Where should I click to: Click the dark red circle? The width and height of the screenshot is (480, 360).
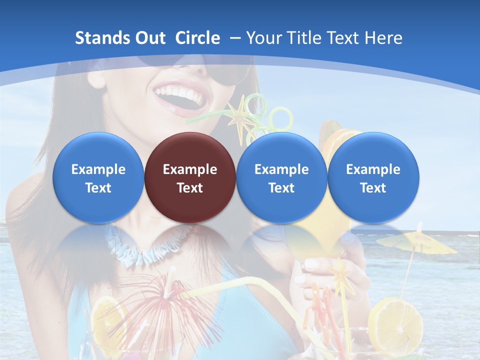click(190, 177)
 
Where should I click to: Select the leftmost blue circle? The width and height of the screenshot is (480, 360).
click(98, 177)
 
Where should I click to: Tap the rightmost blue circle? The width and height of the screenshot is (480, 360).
click(373, 177)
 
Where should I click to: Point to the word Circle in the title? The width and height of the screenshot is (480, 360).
click(197, 38)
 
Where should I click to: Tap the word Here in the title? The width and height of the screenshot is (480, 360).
click(383, 38)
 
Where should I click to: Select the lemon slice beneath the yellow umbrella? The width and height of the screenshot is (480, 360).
click(395, 320)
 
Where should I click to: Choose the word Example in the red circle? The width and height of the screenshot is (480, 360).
click(190, 169)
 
